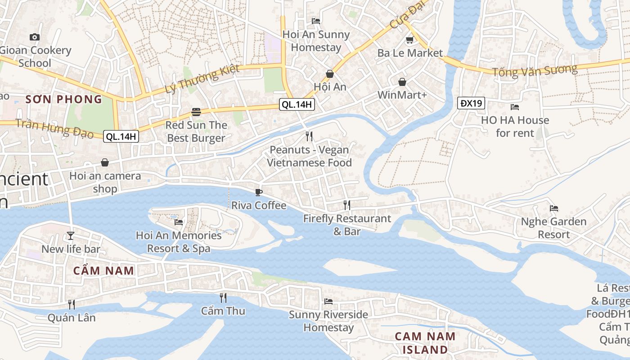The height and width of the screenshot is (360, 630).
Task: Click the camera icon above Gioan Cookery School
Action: [35, 37]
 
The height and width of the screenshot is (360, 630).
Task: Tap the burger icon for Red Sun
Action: [196, 112]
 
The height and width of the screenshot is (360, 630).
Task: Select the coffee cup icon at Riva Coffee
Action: [259, 192]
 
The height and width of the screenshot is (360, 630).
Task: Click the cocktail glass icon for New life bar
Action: [71, 235]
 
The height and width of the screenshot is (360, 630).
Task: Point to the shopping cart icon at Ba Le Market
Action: [409, 40]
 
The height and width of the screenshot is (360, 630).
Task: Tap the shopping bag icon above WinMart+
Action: [402, 82]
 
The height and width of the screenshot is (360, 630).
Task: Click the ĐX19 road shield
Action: [471, 103]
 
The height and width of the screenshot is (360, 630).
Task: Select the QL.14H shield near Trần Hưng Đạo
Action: [121, 136]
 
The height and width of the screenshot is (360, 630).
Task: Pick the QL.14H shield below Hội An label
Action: [297, 105]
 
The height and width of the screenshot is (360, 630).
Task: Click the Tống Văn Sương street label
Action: [534, 71]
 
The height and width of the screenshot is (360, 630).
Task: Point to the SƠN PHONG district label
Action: [63, 99]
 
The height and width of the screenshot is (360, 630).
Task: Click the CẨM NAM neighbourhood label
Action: [103, 271]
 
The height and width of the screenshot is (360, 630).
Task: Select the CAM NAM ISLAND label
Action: [425, 343]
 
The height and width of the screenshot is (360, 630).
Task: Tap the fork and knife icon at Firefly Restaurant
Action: [347, 205]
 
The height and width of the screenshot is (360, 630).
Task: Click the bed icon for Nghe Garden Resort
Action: [554, 208]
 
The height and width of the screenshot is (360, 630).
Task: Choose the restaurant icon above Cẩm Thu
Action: [223, 297]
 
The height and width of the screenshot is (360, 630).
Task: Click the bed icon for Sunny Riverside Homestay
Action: [328, 301]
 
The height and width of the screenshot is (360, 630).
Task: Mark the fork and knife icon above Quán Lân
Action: [71, 304]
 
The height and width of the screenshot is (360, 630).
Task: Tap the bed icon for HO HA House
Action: [515, 107]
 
